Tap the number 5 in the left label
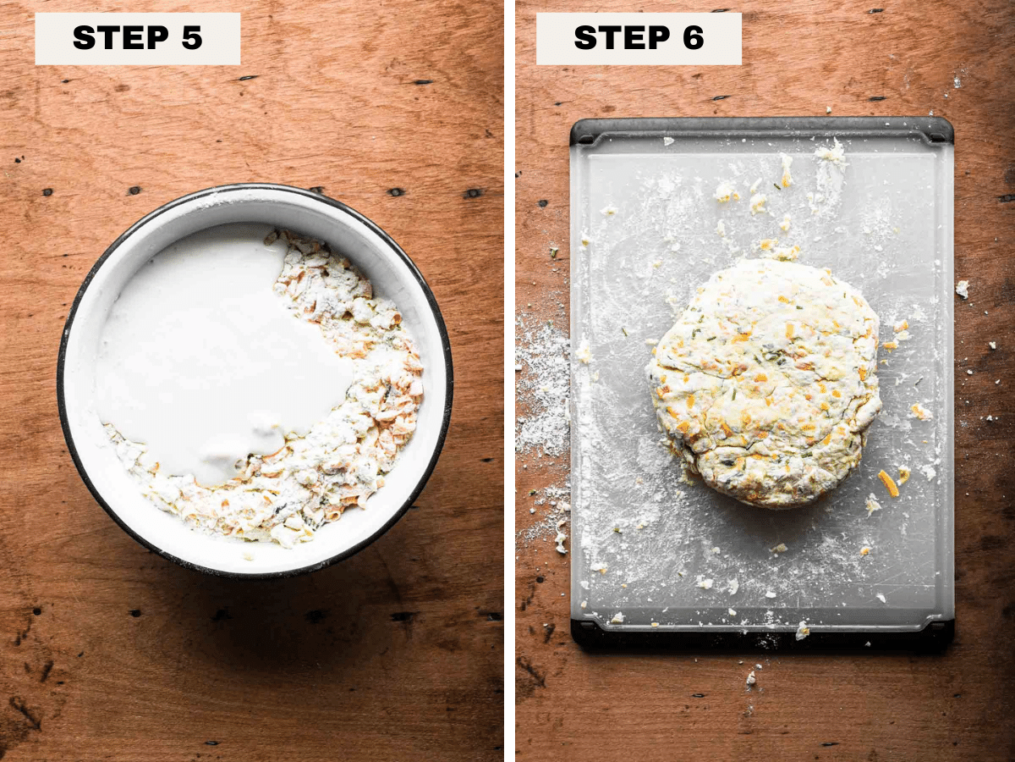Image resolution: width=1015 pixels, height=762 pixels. point(192,37)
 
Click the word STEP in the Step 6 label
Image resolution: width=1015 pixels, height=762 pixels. point(622,37)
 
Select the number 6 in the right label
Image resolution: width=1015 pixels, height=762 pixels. point(693,37)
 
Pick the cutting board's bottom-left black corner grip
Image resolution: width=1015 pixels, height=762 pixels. point(585,634)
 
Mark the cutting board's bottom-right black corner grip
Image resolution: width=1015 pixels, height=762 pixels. point(939,634)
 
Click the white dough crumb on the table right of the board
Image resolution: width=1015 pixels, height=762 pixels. point(963,289)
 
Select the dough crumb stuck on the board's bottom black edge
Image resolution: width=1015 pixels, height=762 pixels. point(803,630)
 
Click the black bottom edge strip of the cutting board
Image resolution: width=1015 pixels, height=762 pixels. point(762,638)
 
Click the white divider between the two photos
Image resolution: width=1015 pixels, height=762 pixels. point(509,381)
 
